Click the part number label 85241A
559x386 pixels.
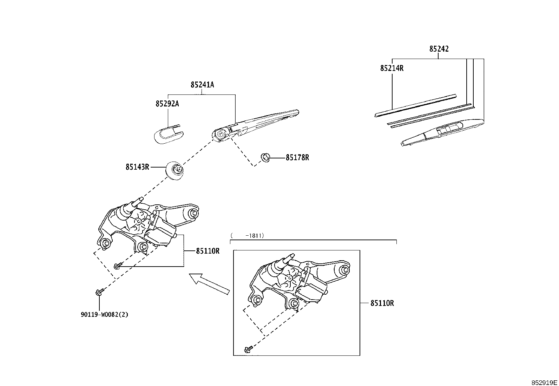[202, 85]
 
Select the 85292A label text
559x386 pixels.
[167, 104]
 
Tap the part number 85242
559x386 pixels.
[439, 49]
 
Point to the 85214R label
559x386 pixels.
[392, 68]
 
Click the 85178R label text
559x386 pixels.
[297, 158]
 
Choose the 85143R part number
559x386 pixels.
[137, 167]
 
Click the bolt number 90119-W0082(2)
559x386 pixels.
[104, 315]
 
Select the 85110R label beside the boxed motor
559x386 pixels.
[382, 303]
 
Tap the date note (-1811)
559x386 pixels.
[247, 235]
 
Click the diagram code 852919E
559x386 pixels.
[544, 382]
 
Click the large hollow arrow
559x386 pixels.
[209, 284]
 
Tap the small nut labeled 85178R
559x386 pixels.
[265, 158]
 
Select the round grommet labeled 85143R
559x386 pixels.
[175, 171]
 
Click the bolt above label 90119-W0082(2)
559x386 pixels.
[100, 292]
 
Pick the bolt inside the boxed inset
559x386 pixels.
[249, 349]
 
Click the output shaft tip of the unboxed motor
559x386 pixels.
[141, 199]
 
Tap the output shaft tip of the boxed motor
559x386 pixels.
[292, 255]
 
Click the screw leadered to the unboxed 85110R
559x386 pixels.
[118, 266]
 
